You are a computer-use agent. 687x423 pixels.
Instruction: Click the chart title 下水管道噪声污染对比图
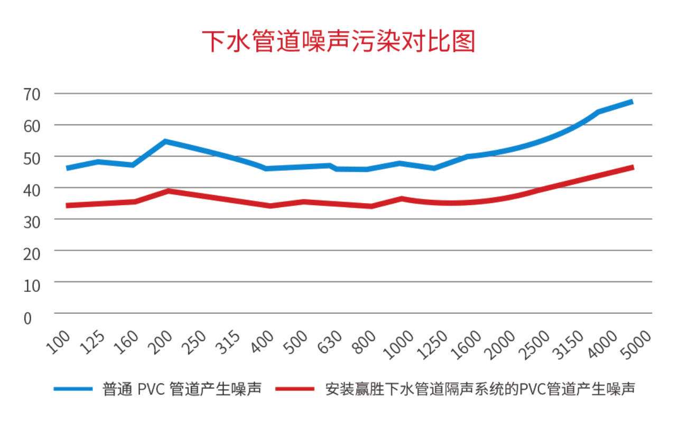339,42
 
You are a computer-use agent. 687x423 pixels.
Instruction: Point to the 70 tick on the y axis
32,94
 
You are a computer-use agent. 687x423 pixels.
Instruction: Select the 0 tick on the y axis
27,317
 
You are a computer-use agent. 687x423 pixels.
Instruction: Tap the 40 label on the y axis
32,189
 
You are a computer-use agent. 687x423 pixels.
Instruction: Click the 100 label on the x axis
59,342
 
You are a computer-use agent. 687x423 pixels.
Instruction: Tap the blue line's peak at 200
165,141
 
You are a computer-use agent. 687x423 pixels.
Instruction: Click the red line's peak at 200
168,190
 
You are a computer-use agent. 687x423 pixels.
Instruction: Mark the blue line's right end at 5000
632,102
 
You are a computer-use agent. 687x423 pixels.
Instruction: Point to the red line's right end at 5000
632,168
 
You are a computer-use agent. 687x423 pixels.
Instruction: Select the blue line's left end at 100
67,168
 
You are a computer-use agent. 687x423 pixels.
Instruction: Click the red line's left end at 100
67,205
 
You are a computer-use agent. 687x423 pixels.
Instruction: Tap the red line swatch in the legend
295,390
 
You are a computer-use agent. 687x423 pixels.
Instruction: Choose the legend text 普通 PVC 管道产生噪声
182,390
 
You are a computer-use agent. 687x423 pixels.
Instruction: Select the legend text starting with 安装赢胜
480,390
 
